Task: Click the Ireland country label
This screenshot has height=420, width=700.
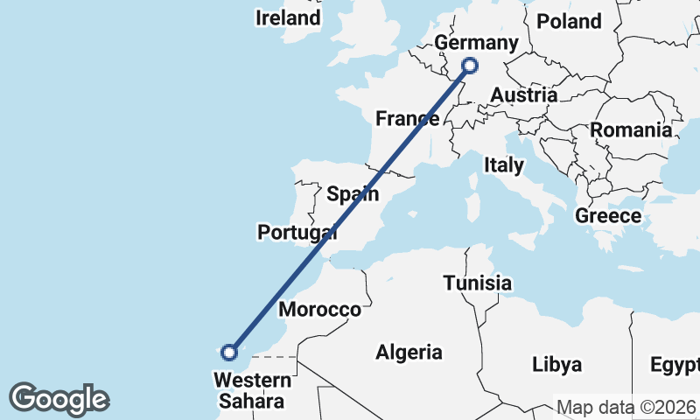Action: pyautogui.click(x=288, y=17)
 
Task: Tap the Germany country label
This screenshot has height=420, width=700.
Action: pyautogui.click(x=476, y=44)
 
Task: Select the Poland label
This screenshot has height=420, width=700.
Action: pyautogui.click(x=569, y=21)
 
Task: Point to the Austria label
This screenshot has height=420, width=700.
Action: pyautogui.click(x=524, y=94)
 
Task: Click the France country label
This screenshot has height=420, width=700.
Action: pyautogui.click(x=407, y=118)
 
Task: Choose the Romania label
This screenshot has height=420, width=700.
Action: pyautogui.click(x=631, y=129)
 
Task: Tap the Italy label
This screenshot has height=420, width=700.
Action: pyautogui.click(x=504, y=164)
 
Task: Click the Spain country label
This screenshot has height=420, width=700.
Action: pyautogui.click(x=353, y=193)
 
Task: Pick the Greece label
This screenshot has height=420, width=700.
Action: pyautogui.click(x=608, y=215)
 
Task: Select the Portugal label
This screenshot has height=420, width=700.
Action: pyautogui.click(x=297, y=232)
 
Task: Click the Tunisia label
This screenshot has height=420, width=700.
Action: pyautogui.click(x=477, y=283)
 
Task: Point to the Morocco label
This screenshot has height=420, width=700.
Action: pyautogui.click(x=319, y=310)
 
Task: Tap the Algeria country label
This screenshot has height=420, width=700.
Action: pyautogui.click(x=409, y=353)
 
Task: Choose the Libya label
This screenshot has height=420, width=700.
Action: pyautogui.click(x=557, y=362)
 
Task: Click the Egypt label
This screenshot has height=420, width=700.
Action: pyautogui.click(x=675, y=364)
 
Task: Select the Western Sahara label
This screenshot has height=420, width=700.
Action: pyautogui.click(x=253, y=390)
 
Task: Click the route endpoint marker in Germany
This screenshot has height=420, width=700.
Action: pyautogui.click(x=470, y=65)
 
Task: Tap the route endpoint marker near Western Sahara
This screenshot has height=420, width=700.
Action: pyautogui.click(x=229, y=353)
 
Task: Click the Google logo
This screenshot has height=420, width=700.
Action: pyautogui.click(x=59, y=399)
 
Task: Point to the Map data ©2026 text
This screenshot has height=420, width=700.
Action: pyautogui.click(x=626, y=408)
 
